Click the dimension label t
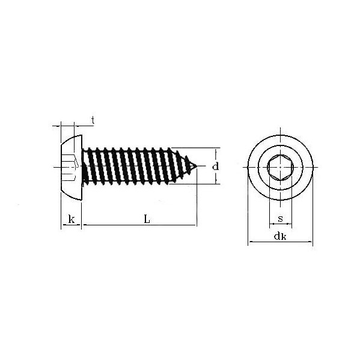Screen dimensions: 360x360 pos(93,120)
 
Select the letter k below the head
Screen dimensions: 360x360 pos(72,219)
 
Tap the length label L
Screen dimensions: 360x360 pos(147,219)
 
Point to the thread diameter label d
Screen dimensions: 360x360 pos(215,166)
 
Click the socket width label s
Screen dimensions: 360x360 pos(280,219)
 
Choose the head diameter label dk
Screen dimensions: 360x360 pos(280,236)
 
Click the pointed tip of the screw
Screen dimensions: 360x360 pos(197,166)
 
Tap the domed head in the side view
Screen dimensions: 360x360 pos(71,168)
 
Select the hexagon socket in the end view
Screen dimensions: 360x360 pos(280,166)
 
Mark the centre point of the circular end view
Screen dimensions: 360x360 pos(280,166)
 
